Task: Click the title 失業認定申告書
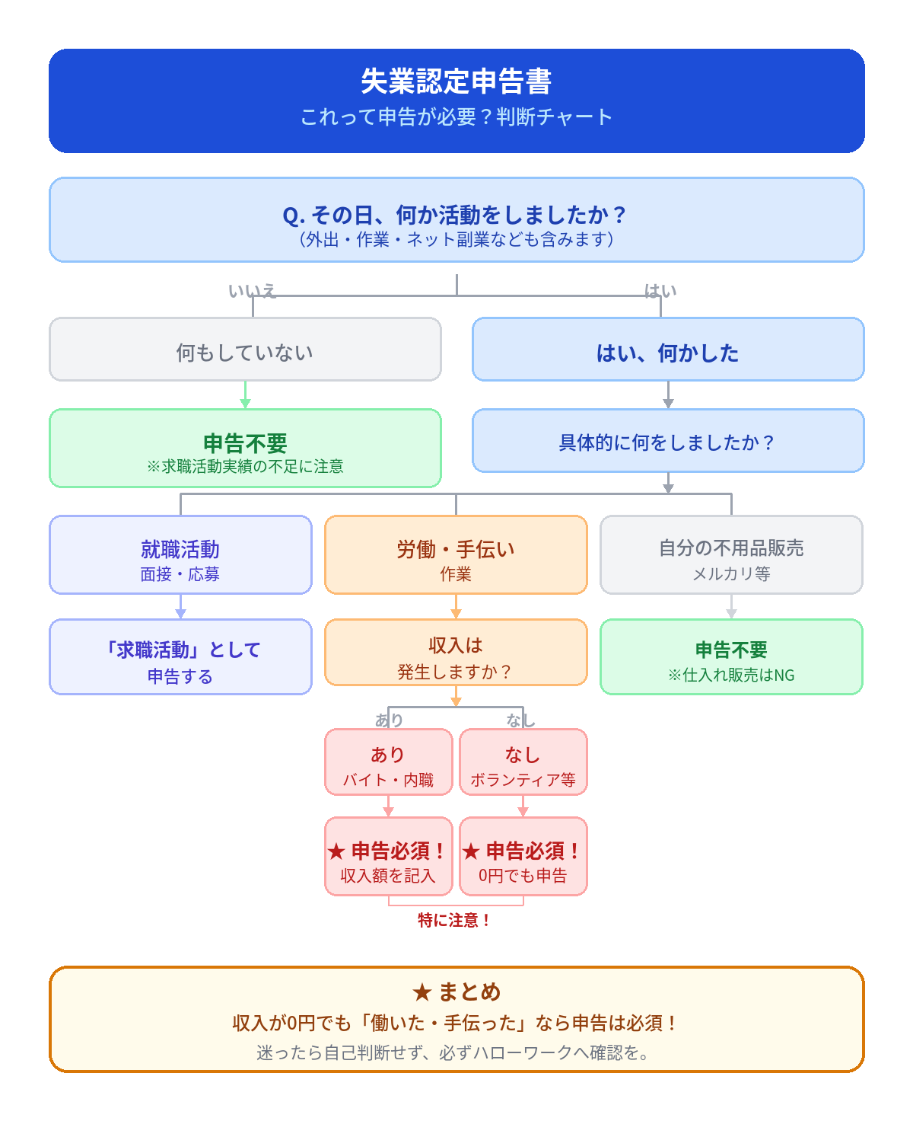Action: [x=456, y=81]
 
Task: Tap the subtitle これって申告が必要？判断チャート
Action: [x=456, y=117]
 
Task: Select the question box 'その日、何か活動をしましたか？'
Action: [x=456, y=220]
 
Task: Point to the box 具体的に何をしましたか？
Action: [x=668, y=441]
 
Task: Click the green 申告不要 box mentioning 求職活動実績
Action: [x=245, y=449]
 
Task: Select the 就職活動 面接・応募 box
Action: [x=180, y=555]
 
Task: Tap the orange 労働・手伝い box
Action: [x=456, y=555]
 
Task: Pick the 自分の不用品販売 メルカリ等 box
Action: [x=731, y=555]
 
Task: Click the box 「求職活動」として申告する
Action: [x=180, y=657]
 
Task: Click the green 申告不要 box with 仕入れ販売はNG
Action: [x=731, y=657]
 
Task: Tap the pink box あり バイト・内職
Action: [x=389, y=762]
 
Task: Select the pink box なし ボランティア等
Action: [x=523, y=762]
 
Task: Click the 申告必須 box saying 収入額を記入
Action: [x=389, y=857]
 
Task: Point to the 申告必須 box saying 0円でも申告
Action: [x=523, y=857]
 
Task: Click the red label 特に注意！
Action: [x=454, y=921]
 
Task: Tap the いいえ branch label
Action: [x=252, y=291]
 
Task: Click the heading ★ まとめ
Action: [x=456, y=992]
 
